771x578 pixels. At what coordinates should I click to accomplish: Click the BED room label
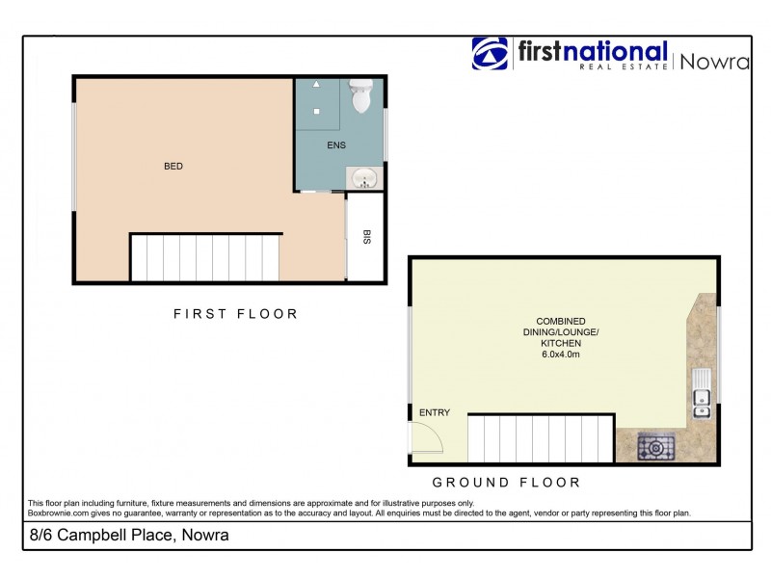(173, 167)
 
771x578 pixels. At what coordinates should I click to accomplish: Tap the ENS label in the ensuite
(336, 146)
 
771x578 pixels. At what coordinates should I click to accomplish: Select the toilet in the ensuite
(362, 94)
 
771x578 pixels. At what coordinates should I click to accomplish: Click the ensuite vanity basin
(364, 179)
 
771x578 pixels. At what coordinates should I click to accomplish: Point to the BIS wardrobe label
(366, 237)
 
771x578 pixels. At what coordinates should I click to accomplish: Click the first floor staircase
(205, 258)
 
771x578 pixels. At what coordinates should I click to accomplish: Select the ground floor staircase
(541, 439)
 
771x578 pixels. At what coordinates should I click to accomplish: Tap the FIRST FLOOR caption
(235, 313)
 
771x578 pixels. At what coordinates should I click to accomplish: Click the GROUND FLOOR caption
(506, 482)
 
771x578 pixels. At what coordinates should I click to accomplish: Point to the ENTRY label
(434, 413)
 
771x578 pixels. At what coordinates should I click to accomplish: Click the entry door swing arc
(426, 439)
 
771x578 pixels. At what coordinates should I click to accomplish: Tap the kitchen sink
(702, 394)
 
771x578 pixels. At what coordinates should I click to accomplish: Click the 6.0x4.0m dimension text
(560, 355)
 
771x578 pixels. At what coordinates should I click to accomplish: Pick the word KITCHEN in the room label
(560, 344)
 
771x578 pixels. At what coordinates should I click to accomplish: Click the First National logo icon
(490, 54)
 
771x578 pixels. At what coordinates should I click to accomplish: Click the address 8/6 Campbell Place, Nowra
(128, 536)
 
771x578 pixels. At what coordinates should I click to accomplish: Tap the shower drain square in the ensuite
(315, 111)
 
